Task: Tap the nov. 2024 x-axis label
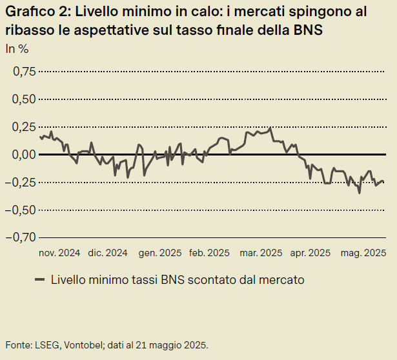[60, 253]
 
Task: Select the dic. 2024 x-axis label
[108, 253]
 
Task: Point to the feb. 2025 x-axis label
[210, 253]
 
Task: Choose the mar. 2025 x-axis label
[261, 253]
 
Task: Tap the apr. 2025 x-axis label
[310, 253]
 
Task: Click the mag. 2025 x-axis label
[363, 253]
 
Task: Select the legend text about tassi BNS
[177, 279]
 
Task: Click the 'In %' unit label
[17, 48]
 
